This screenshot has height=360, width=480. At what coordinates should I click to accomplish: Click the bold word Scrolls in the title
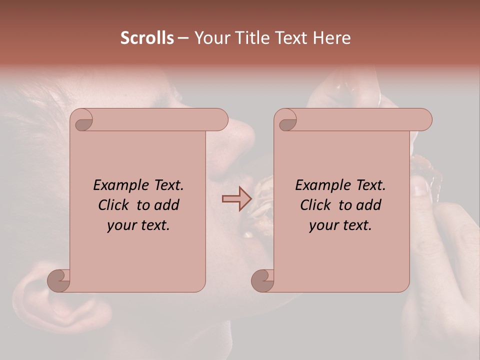pyautogui.click(x=147, y=38)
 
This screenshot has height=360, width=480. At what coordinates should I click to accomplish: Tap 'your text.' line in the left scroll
pyautogui.click(x=138, y=225)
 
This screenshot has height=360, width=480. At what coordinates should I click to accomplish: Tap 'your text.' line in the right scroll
pyautogui.click(x=340, y=225)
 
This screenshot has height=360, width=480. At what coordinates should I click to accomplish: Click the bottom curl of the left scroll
pyautogui.click(x=58, y=280)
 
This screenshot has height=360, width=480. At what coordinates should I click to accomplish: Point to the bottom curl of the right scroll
pyautogui.click(x=262, y=280)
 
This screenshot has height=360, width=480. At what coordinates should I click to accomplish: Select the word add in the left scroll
pyautogui.click(x=166, y=205)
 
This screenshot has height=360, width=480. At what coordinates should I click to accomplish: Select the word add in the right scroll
pyautogui.click(x=368, y=205)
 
